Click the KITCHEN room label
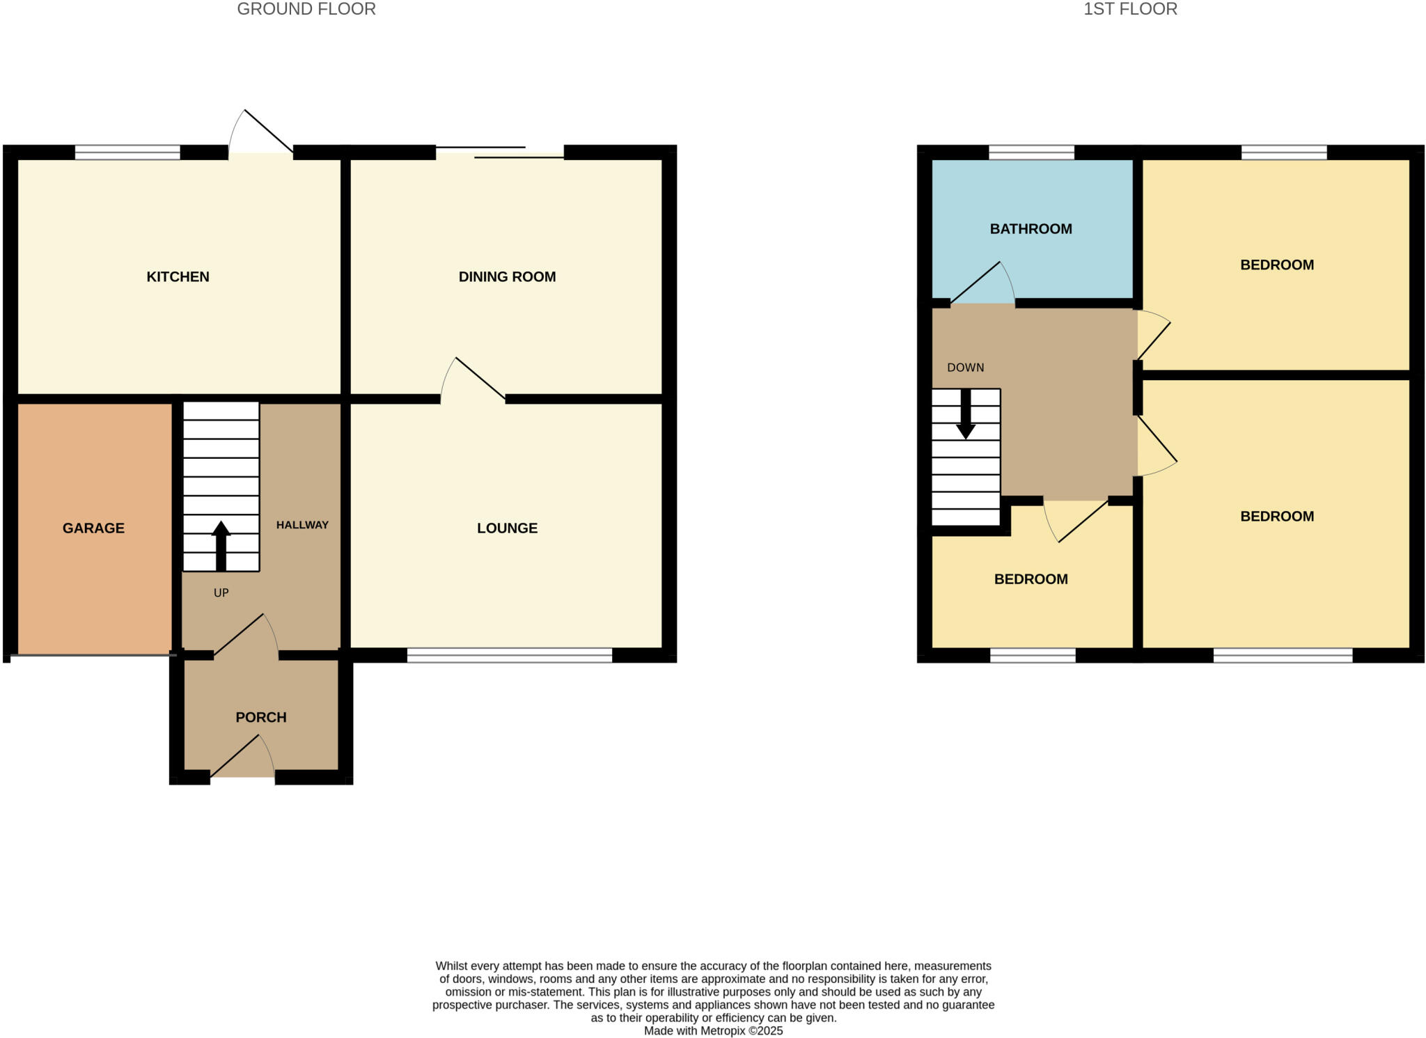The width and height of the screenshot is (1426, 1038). (x=178, y=277)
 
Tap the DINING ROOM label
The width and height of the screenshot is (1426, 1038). (x=507, y=277)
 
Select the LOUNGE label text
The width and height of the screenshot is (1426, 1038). (x=507, y=528)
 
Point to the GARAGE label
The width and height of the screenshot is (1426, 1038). (x=93, y=528)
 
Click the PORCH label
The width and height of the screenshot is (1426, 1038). (x=261, y=718)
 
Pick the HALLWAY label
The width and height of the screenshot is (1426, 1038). (x=302, y=525)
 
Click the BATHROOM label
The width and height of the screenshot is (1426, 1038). (x=1031, y=229)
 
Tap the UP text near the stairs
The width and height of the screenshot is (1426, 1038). (x=221, y=593)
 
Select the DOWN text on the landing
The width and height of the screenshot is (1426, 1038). (x=965, y=368)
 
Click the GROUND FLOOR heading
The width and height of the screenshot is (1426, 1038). (x=306, y=9)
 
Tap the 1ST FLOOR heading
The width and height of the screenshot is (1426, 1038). (x=1130, y=9)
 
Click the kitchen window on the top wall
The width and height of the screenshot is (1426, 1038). (x=127, y=152)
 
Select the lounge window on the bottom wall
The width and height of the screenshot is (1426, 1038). (x=509, y=655)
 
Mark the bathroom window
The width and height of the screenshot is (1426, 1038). (x=1031, y=152)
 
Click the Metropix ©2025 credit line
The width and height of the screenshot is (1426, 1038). (x=713, y=1031)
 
